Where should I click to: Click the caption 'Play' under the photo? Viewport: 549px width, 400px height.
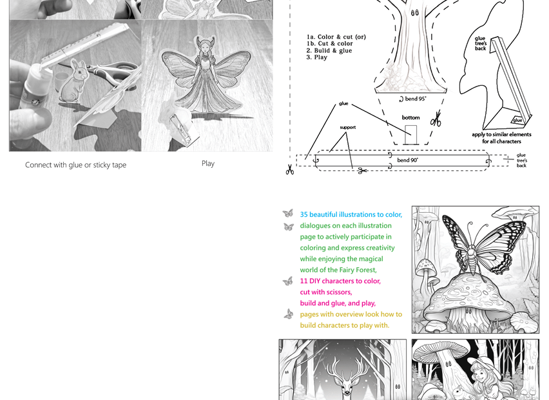[x=207, y=164]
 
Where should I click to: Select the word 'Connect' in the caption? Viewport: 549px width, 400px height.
[x=38, y=165]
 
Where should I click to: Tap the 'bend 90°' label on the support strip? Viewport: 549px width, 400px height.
[x=407, y=160]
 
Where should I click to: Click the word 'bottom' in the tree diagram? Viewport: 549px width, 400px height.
[x=410, y=118]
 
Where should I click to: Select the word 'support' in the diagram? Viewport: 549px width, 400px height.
[x=347, y=128]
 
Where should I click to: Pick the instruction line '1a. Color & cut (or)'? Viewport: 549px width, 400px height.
[x=336, y=37]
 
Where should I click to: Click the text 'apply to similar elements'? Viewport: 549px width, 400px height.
[x=501, y=135]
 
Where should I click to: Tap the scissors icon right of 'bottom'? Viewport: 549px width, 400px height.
[x=436, y=119]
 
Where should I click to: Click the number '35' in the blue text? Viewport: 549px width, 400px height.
[x=304, y=215]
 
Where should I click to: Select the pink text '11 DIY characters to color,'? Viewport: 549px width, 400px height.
[x=340, y=281]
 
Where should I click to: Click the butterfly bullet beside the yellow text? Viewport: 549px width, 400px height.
[x=288, y=314]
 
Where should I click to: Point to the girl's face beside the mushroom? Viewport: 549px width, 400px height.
[x=480, y=376]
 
